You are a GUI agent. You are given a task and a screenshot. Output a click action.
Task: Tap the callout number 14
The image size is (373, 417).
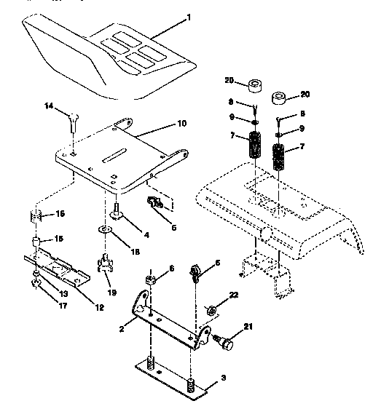48,107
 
